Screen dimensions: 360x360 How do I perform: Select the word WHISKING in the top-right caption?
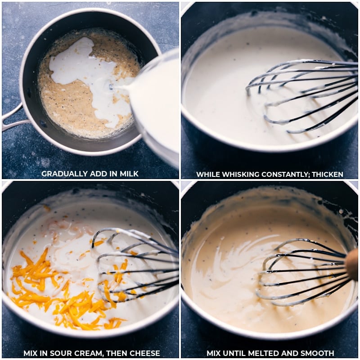point(235,174)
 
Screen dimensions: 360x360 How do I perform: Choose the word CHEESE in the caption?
point(144,353)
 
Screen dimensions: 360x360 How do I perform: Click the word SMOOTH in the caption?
point(316,353)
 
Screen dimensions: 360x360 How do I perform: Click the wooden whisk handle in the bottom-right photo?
point(352,265)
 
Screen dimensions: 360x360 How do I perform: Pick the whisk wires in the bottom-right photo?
point(301,272)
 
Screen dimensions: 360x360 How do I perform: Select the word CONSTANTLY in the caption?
point(279,174)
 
